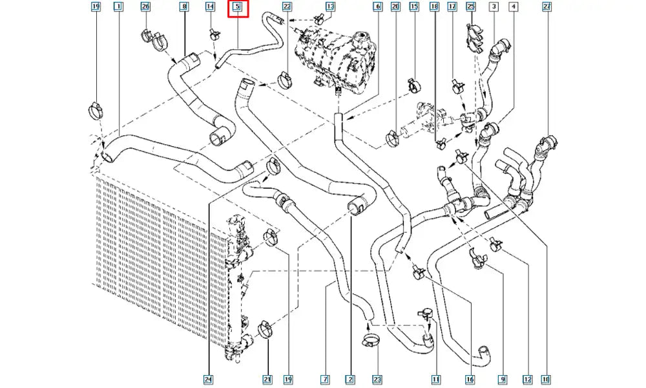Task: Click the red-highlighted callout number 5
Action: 236,8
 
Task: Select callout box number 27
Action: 547,8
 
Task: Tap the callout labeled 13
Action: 330,8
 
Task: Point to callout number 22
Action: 287,8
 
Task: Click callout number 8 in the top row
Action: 184,8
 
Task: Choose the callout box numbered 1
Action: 118,8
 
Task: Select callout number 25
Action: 470,8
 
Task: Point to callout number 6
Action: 377,8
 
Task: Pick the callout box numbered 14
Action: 210,8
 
